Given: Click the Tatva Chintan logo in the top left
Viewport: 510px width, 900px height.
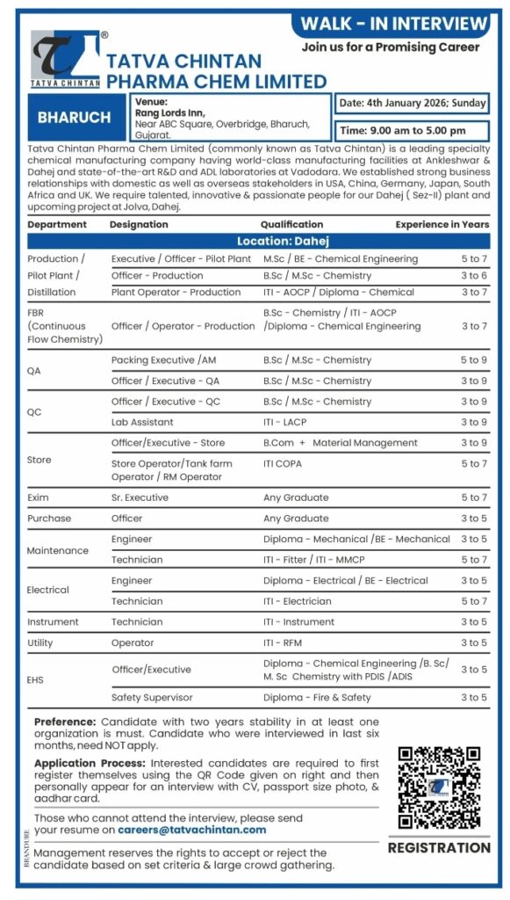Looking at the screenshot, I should pos(65,59).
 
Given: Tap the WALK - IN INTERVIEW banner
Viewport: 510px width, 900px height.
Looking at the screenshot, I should pos(393,23).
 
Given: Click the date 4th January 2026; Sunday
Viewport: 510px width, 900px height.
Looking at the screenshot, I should pos(413,103).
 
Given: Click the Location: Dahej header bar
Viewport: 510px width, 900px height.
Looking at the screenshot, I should pos(258,241).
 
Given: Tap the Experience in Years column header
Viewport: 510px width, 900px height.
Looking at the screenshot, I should pos(442,224).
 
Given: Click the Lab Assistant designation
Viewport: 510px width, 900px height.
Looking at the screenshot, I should pos(142,422).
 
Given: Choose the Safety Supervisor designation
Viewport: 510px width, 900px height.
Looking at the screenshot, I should pos(152,697).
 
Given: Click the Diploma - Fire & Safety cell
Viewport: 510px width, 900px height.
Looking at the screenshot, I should pos(317,697).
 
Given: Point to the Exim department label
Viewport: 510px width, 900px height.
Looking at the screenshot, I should pos(38,497).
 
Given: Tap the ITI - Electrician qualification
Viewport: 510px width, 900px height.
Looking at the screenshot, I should pos(298,601).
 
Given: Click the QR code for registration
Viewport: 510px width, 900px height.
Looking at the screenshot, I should pos(438,787).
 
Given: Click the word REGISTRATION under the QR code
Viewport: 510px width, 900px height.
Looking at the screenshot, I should pos(439,848).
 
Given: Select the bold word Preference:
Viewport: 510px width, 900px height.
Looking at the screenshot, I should pos(64,722).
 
